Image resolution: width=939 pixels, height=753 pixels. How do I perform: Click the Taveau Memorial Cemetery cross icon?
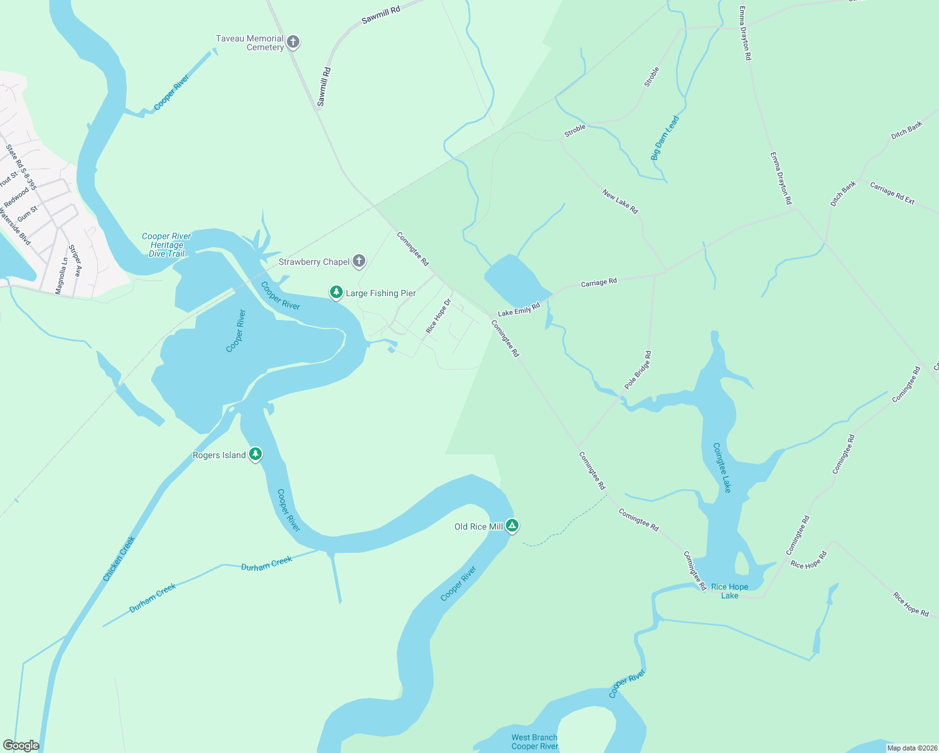[292, 42]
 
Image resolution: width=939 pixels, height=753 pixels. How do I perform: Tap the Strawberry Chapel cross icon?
[358, 261]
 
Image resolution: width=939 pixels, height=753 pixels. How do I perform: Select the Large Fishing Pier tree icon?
[336, 292]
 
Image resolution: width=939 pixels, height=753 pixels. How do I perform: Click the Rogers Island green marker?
[255, 454]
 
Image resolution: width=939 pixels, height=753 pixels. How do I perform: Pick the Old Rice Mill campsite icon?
[512, 526]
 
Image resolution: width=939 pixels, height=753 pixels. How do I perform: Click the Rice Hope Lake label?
[729, 591]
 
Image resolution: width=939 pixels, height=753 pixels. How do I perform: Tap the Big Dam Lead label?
[665, 138]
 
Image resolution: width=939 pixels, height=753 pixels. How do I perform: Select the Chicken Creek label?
[119, 558]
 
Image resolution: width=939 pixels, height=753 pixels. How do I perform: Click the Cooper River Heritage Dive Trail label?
[166, 245]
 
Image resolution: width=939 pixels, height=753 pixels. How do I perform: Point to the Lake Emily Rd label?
[518, 310]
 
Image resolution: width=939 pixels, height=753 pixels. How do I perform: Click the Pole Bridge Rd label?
[638, 370]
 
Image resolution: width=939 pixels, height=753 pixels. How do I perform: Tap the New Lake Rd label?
[620, 201]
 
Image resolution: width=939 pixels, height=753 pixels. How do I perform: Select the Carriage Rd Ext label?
[892, 193]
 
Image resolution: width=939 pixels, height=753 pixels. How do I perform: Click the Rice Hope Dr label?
[438, 316]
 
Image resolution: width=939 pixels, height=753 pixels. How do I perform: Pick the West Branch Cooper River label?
[534, 742]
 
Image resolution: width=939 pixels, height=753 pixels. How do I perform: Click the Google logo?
[21, 745]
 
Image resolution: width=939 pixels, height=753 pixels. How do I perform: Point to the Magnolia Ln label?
[61, 276]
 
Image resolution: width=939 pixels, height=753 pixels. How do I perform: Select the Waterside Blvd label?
[14, 226]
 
